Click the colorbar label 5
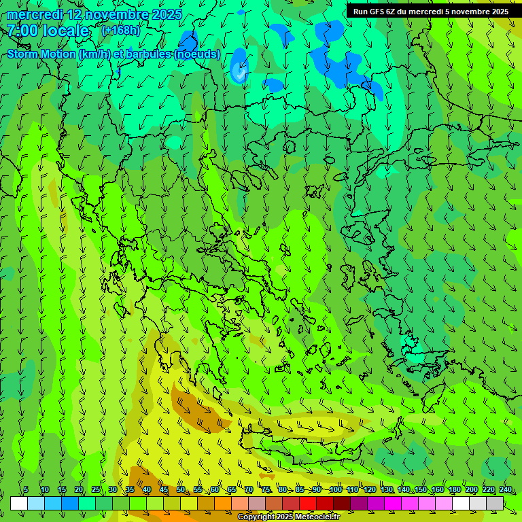pyautogui.click(x=26, y=489)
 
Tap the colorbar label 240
pyautogui.click(x=505, y=489)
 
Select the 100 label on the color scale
pyautogui.click(x=335, y=489)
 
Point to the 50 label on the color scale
pyautogui.click(x=181, y=489)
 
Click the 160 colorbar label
pyautogui.click(x=437, y=489)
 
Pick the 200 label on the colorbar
pyautogui.click(x=471, y=489)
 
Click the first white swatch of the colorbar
pyautogui.click(x=19, y=504)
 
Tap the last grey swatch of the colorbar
pyautogui.click(x=495, y=504)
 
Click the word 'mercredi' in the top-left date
pyautogui.click(x=35, y=14)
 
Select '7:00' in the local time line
pyautogui.click(x=22, y=31)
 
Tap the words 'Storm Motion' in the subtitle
pyautogui.click(x=41, y=54)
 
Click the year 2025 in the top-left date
pyautogui.click(x=167, y=14)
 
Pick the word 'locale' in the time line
pyautogui.click(x=65, y=31)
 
